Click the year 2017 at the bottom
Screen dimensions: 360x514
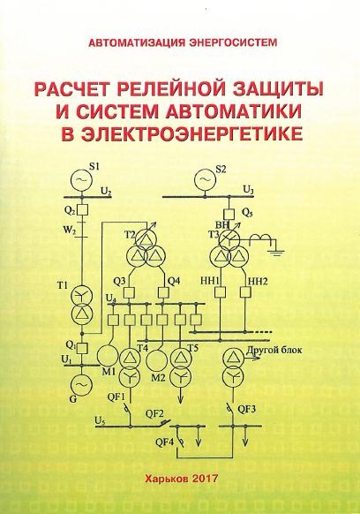[205, 479]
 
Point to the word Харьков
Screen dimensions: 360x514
[166, 479]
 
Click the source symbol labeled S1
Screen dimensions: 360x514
[81, 179]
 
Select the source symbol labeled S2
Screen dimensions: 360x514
[205, 179]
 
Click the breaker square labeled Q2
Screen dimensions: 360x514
[82, 209]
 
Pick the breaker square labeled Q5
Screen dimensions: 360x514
[229, 214]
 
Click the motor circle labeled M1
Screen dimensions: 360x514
[108, 356]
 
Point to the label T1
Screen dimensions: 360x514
[63, 285]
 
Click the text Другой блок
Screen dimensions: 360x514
[274, 350]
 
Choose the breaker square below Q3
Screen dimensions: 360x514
[131, 292]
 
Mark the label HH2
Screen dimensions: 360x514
[259, 281]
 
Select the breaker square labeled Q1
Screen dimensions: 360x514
[82, 347]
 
